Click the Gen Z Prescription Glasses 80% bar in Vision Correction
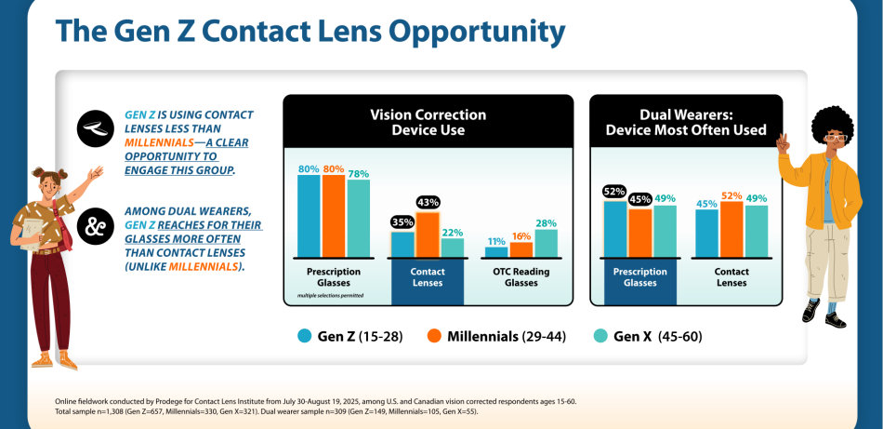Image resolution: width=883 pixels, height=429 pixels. [309, 216]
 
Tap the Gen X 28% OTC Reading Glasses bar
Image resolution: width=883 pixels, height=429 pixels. [546, 243]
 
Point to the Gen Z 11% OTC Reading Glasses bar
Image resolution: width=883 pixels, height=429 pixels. [497, 251]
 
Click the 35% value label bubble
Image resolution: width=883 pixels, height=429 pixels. [402, 221]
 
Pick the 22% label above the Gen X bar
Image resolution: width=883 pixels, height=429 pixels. [453, 231]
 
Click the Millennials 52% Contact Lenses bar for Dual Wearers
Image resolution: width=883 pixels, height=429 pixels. [731, 228]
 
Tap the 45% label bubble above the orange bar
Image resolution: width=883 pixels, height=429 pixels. [639, 198]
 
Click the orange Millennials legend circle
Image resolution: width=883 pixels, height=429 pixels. [433, 335]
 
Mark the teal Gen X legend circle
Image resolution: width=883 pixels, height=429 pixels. [600, 335]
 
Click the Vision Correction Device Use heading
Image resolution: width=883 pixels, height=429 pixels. [428, 122]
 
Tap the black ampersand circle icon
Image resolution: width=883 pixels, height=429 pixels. [95, 225]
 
